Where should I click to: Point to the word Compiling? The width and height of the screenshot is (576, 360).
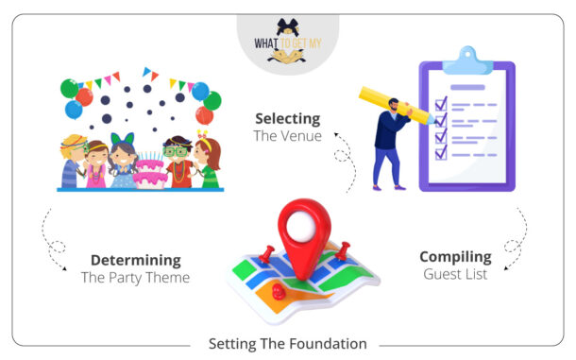[455, 256]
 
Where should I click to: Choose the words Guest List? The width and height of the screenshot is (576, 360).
[455, 274]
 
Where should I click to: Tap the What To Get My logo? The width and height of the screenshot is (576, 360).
[287, 42]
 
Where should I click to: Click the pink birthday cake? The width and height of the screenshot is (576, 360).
[148, 173]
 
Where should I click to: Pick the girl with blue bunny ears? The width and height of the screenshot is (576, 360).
[124, 162]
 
